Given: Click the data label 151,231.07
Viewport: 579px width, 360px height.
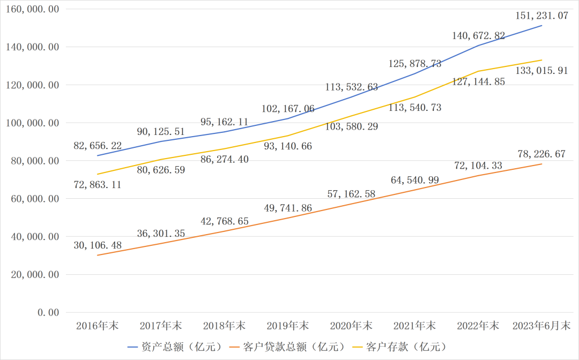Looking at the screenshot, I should (541, 16).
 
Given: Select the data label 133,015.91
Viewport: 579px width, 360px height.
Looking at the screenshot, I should (541, 71).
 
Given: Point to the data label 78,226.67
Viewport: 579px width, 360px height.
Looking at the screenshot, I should (541, 154).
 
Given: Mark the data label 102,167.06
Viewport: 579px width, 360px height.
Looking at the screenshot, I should (288, 109).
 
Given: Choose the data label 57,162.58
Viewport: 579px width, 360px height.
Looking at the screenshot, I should (351, 194).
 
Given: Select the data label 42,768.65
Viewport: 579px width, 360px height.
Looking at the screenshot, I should (225, 221).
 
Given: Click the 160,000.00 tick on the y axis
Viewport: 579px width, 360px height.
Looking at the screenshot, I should (33, 9).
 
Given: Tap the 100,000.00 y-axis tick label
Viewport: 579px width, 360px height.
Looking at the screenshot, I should (33, 123).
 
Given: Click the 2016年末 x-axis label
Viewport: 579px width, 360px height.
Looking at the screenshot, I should (98, 326).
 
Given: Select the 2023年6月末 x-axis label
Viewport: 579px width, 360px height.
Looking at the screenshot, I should (541, 326).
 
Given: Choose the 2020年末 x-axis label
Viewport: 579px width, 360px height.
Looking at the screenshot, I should (351, 326).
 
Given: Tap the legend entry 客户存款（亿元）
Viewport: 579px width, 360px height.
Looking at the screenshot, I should (406, 347).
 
